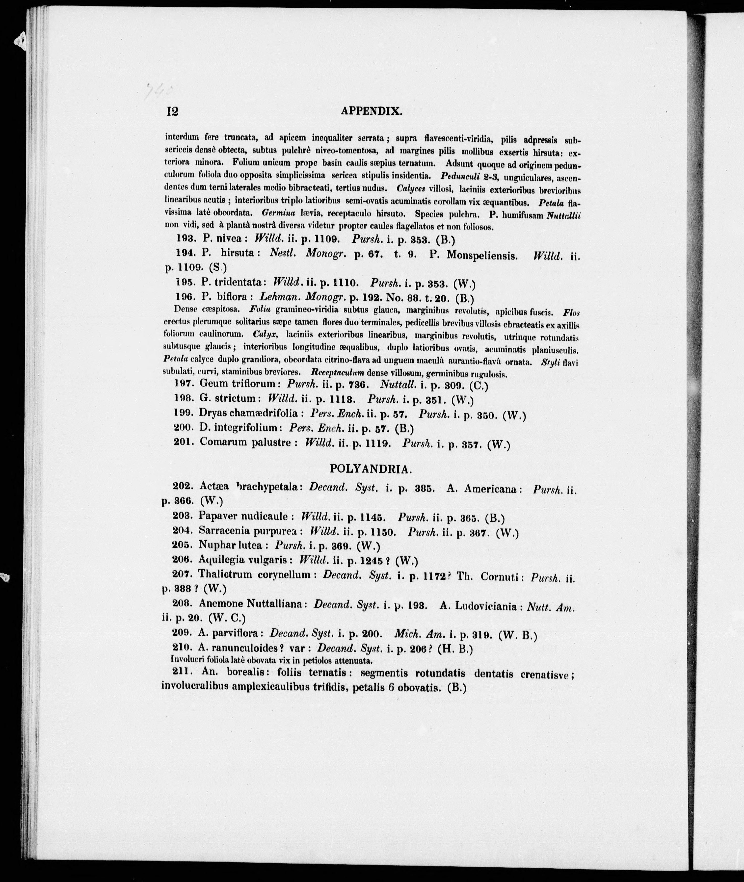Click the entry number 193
point(184,239)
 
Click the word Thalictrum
point(225,574)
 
